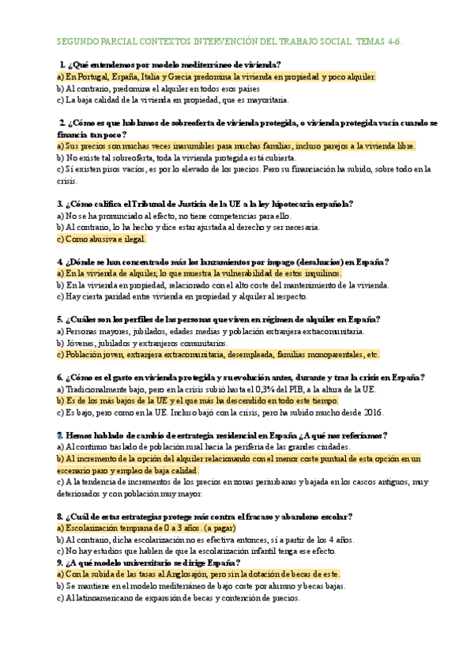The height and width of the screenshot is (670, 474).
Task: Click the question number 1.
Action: [62, 64]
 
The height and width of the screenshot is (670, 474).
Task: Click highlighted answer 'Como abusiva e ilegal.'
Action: [102, 239]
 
